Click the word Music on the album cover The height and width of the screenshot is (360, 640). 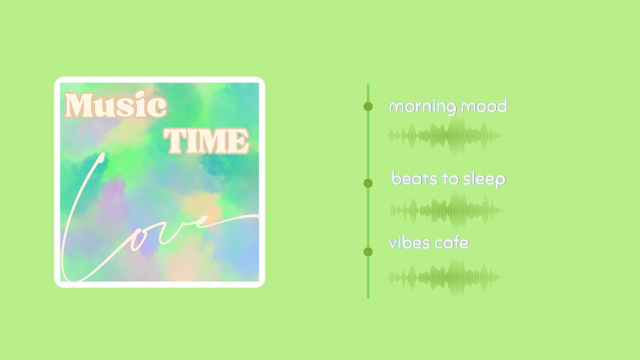coord(115,106)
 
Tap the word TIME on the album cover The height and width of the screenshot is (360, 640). coord(206,140)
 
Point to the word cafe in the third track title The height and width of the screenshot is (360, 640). coord(451,243)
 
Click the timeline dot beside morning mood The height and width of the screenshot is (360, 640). coord(368,106)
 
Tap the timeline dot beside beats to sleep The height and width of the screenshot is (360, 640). coord(368,183)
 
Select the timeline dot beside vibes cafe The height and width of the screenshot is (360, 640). coord(368,251)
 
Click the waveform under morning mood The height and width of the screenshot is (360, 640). coord(445,135)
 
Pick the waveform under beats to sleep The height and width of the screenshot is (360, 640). coord(447,210)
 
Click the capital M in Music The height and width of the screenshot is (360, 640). coord(79,106)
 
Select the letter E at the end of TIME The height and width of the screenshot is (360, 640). coord(238,141)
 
